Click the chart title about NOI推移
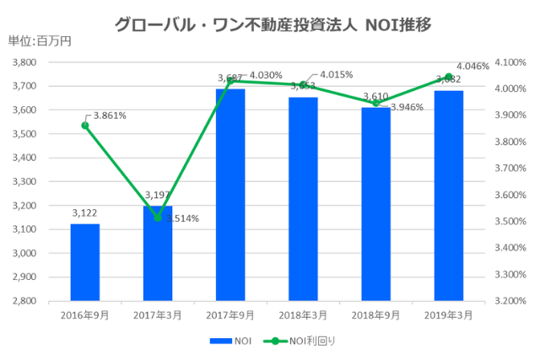point(273,24)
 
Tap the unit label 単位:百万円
point(40,41)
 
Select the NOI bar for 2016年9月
point(84,261)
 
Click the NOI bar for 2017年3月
point(158,253)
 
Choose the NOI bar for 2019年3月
point(449,195)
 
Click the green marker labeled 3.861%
point(85,126)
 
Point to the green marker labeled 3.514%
point(158,218)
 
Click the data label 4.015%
point(336,73)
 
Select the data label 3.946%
point(406,107)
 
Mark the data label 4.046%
point(472,66)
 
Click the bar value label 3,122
point(84,215)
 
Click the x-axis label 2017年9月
point(230,314)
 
